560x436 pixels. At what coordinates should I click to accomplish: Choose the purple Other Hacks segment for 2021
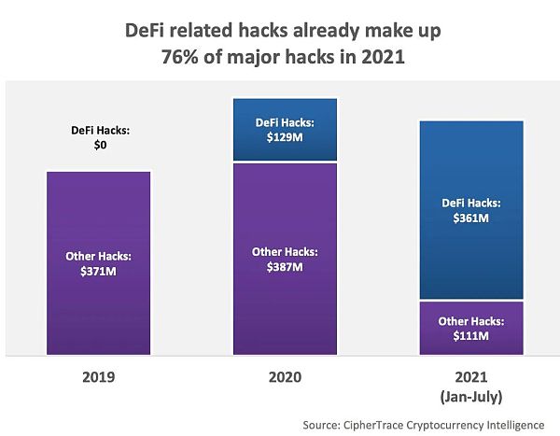471,341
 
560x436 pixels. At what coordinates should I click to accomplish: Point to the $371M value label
98,271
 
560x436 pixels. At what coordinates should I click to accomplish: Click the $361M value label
471,218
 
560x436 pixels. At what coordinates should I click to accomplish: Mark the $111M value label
471,335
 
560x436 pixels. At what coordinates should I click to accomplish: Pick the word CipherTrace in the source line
383,424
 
